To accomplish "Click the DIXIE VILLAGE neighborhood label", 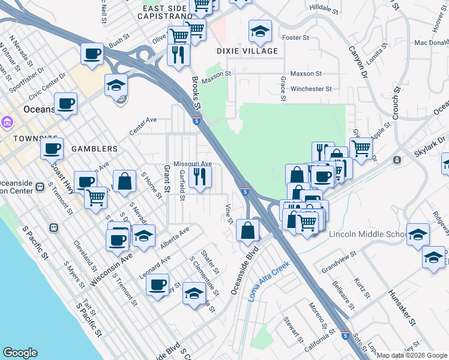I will click(x=248, y=51).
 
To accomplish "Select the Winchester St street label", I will click(x=311, y=89).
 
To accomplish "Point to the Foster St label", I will click(x=295, y=37).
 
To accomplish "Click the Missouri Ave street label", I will click(x=193, y=164).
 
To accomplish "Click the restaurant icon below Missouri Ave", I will click(x=200, y=176).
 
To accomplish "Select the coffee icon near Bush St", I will click(x=92, y=54).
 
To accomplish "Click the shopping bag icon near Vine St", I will click(x=247, y=230).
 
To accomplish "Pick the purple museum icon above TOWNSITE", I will click(x=7, y=123).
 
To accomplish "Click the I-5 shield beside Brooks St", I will click(x=196, y=121).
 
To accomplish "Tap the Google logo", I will click(x=20, y=353).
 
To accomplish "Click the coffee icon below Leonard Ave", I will click(x=157, y=284).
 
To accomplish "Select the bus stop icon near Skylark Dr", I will click(x=396, y=160).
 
